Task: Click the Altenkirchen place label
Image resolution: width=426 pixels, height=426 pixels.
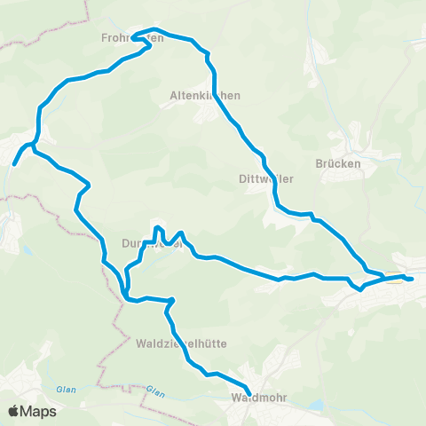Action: coord(206,94)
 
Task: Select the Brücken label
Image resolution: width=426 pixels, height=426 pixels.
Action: coord(336,164)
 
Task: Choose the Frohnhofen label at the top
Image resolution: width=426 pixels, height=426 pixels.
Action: coord(132,38)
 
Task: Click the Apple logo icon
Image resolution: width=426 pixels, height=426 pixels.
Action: coord(15,411)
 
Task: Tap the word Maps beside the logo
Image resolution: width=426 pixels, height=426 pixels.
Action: coord(39,411)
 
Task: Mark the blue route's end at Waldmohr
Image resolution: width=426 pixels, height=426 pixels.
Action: coord(248,394)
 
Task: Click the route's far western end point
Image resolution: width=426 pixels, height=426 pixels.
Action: coord(14,163)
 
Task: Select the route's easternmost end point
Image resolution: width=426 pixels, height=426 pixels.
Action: coord(412,280)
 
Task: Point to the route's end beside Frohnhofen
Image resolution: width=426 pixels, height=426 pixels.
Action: coord(134,38)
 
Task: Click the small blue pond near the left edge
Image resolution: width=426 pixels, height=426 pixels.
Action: coord(26,251)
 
